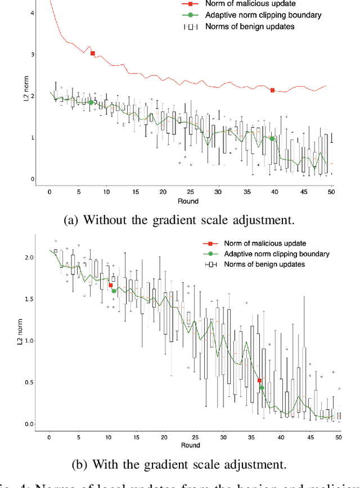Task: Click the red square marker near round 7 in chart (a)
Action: (x=93, y=53)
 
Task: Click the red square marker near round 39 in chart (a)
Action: (x=272, y=90)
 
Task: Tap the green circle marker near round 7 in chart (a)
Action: (x=91, y=102)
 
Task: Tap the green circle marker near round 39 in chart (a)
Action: (x=272, y=138)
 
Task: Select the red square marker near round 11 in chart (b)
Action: (x=111, y=286)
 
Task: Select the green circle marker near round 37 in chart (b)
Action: (x=262, y=388)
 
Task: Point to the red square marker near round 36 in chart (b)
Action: (x=259, y=381)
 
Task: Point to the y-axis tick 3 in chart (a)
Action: (x=33, y=55)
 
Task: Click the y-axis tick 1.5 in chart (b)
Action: (x=29, y=299)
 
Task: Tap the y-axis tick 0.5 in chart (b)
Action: (x=29, y=382)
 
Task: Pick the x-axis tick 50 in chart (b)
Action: (x=338, y=437)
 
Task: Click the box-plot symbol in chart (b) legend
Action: (x=211, y=264)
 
